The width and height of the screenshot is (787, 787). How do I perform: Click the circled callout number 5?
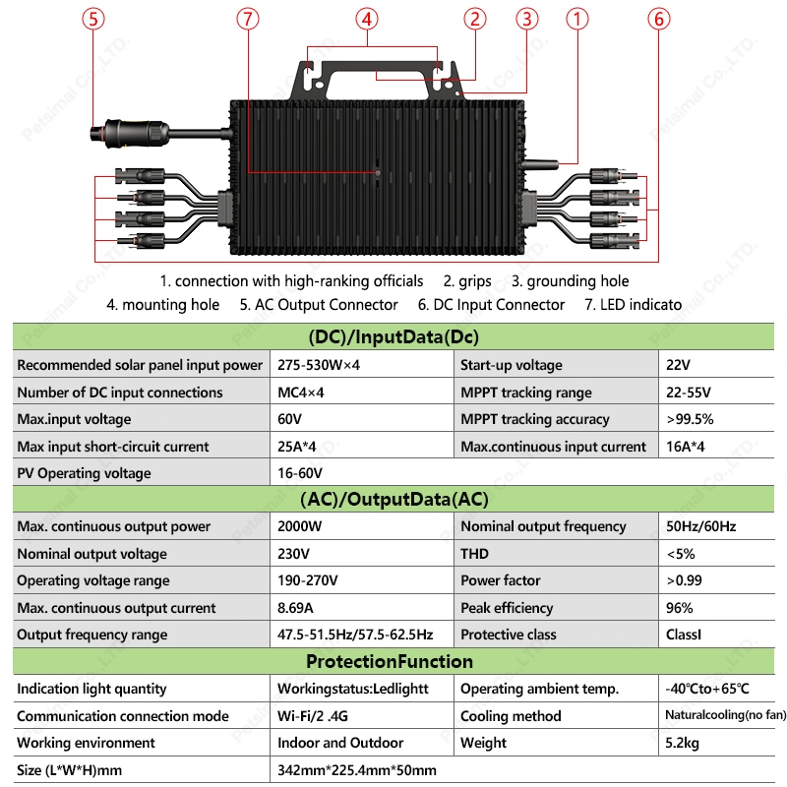point(94,20)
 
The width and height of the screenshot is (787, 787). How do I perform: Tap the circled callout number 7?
point(249,20)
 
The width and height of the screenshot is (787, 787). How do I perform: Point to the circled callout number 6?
point(659,20)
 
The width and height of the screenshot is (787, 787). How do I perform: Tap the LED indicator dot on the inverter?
point(377,173)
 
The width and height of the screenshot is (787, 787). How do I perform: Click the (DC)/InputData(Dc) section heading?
point(393,337)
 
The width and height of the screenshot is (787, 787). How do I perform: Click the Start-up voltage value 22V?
point(678,365)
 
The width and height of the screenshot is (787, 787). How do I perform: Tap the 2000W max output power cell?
point(300,526)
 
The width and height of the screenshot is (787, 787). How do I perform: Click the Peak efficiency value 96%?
point(679,608)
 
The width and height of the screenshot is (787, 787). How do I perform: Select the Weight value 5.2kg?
point(682,743)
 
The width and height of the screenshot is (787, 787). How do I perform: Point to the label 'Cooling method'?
point(511,716)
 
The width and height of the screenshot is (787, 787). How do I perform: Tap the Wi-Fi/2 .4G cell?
point(323,716)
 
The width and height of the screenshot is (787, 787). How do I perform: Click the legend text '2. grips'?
point(467,281)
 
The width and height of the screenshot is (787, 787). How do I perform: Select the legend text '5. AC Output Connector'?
point(319,305)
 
